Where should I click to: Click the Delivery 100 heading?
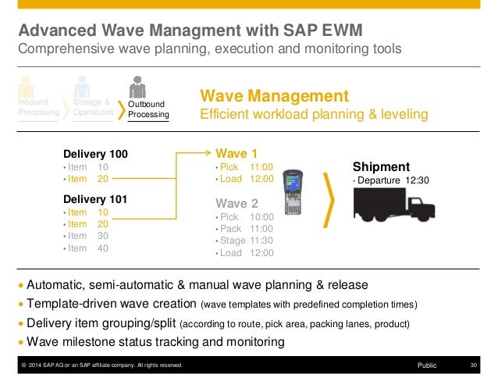click(x=95, y=153)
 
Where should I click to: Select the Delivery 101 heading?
click(x=95, y=198)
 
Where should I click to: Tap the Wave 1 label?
click(x=236, y=153)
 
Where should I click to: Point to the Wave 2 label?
click(x=237, y=203)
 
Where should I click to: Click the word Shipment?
click(x=381, y=166)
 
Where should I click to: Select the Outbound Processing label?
click(x=148, y=109)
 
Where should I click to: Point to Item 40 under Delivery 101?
click(x=87, y=248)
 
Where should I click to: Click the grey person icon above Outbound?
click(x=138, y=86)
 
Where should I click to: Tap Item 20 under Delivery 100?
click(x=87, y=179)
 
